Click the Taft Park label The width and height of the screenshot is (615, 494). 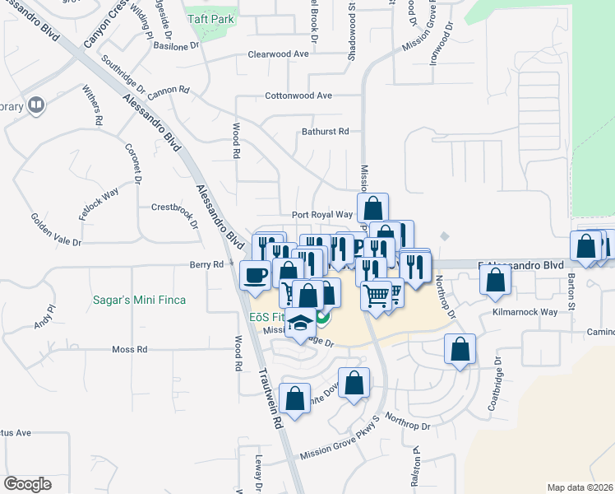[x=210, y=19]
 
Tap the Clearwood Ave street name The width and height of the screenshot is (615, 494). [x=278, y=54]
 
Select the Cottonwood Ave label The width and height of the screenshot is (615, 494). [x=298, y=96]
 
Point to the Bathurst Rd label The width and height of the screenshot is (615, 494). [x=325, y=132]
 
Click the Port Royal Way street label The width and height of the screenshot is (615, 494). [x=321, y=215]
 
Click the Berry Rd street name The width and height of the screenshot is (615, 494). [x=206, y=265]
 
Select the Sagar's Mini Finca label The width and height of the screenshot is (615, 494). [x=141, y=301]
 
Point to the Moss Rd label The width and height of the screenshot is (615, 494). [x=130, y=350]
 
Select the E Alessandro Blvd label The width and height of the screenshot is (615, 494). [x=521, y=266]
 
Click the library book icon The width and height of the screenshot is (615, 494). [x=36, y=105]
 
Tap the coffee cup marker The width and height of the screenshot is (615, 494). [x=255, y=274]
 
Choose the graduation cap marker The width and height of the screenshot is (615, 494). [x=301, y=324]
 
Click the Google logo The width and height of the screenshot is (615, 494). [x=27, y=483]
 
